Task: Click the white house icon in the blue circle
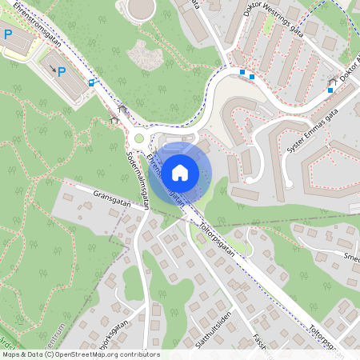pos(180,172)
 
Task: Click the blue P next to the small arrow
pos(62,72)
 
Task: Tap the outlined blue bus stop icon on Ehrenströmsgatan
pos(91,82)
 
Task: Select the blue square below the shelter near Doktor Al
pos(330,90)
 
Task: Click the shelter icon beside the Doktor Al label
pos(332,80)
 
